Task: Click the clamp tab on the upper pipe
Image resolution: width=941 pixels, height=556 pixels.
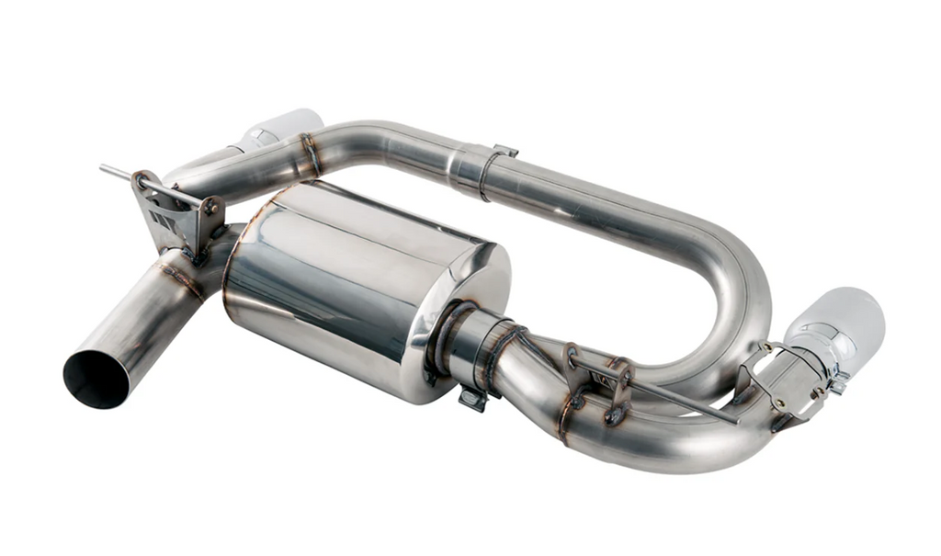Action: point(504,151)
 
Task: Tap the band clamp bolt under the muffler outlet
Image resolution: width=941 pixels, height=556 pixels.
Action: point(472,397)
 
